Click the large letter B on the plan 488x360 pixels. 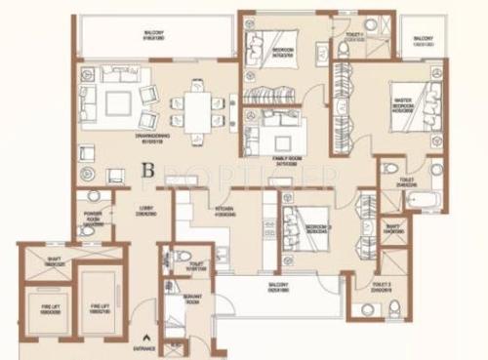pos(148,167)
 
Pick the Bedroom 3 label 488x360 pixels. pos(317,227)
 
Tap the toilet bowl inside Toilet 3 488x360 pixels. pos(394,310)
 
